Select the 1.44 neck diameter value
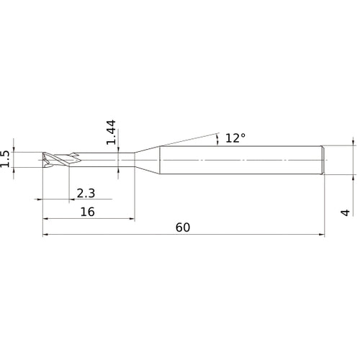(111, 132)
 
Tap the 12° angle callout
(235, 138)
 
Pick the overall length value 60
(183, 227)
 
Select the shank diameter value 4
(346, 212)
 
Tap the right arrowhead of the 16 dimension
(132, 218)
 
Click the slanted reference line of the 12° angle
(187, 140)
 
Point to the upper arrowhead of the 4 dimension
(354, 142)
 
